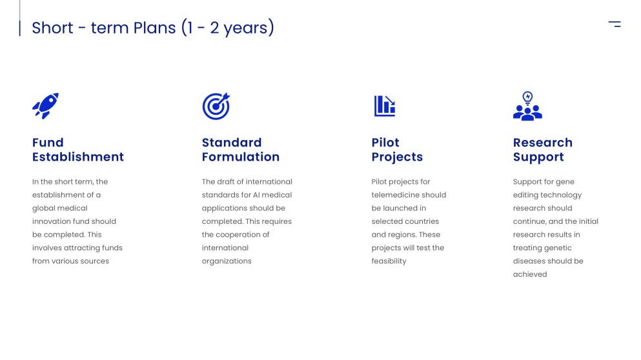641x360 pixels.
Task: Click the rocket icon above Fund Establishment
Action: point(45,106)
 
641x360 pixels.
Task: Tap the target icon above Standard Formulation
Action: point(216,106)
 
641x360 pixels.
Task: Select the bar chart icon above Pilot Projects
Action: point(385,106)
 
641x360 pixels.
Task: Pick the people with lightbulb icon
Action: point(527,106)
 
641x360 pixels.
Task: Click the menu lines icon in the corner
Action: point(615,25)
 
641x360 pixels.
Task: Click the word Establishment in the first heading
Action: point(78,157)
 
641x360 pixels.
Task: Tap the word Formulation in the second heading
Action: point(241,157)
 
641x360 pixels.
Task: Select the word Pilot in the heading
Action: point(385,143)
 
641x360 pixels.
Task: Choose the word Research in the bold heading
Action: point(543,143)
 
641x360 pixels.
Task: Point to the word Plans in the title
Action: point(154,28)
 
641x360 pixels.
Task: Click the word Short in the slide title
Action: point(52,28)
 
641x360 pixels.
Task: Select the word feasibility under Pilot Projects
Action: point(389,261)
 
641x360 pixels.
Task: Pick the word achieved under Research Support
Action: point(530,274)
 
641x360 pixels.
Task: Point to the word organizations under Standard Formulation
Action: point(227,261)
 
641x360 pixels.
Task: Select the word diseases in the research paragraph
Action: point(529,261)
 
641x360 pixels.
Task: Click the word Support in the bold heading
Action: point(538,157)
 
